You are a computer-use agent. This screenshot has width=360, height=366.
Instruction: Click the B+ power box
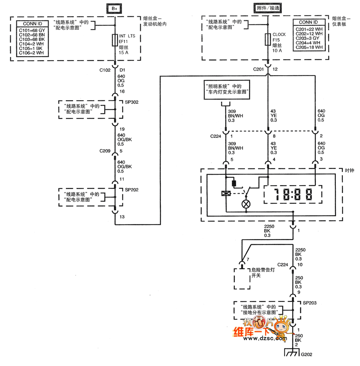tap(115, 8)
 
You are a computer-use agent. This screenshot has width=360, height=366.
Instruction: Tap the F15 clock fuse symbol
tap(268, 39)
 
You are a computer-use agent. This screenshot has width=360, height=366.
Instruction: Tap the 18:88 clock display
tap(292, 195)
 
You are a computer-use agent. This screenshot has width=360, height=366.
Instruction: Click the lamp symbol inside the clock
tap(247, 204)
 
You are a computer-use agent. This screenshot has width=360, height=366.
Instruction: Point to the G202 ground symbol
tap(292, 353)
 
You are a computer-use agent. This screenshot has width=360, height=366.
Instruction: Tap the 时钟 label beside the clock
tap(349, 170)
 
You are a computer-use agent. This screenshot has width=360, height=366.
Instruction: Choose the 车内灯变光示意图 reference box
tap(227, 89)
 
